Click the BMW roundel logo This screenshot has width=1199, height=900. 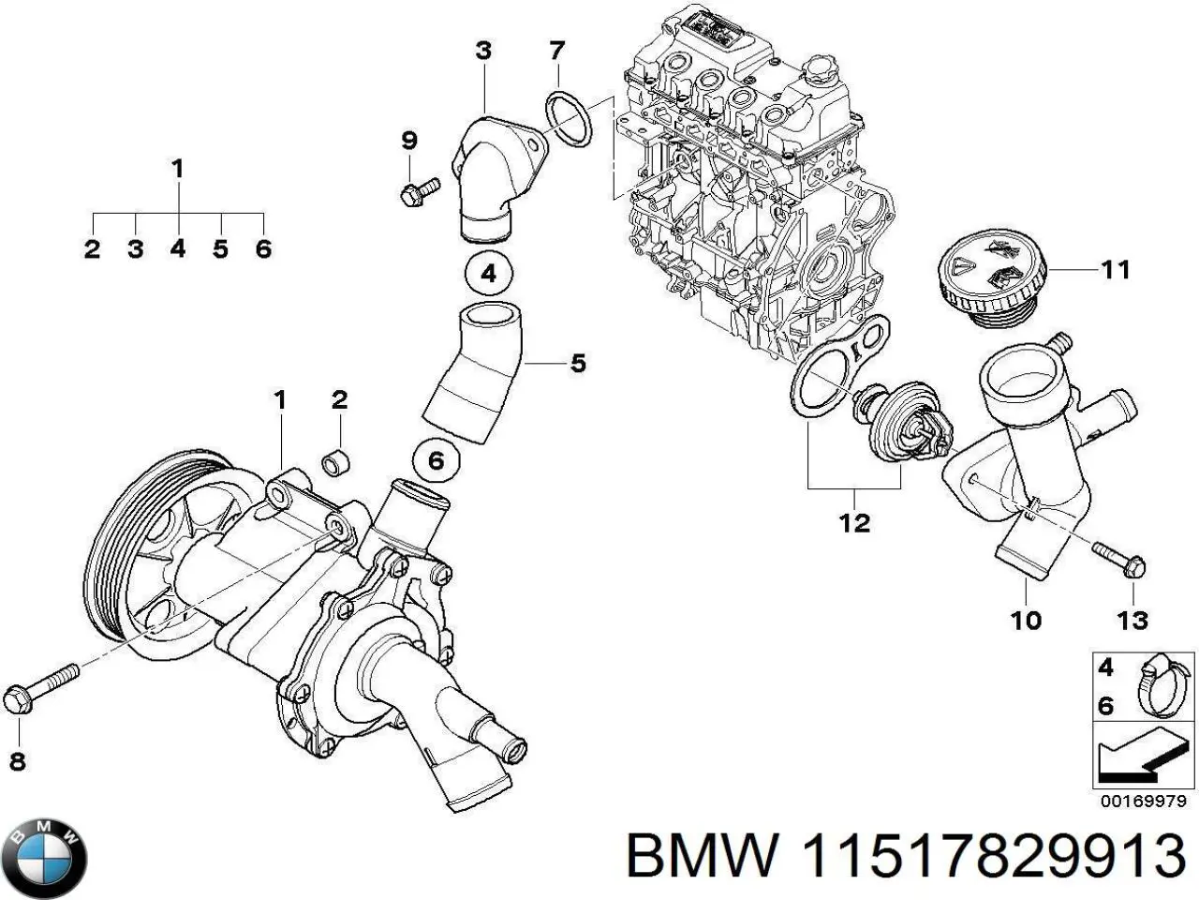(45, 855)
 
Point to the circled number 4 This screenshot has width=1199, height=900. (488, 275)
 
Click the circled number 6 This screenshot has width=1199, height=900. (437, 460)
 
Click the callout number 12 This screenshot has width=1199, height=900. (854, 522)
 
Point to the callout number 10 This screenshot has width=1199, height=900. (1027, 619)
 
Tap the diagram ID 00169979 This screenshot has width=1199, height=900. (1143, 802)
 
